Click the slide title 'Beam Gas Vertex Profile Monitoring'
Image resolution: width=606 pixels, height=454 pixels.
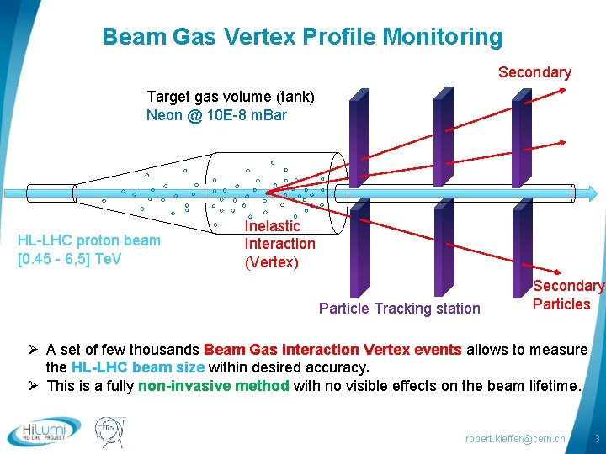click(x=301, y=37)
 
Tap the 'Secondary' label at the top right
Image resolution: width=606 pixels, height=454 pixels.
click(x=534, y=72)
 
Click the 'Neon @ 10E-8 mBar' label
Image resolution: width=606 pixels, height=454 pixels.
click(x=216, y=115)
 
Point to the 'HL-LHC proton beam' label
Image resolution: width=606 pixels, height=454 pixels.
click(x=88, y=240)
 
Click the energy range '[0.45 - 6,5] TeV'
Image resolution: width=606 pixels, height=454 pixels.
click(x=69, y=258)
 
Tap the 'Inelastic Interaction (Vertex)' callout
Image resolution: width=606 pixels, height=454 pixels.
click(x=279, y=244)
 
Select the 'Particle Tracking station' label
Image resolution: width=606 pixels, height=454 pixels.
click(x=399, y=309)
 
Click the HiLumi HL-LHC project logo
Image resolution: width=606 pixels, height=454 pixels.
click(x=44, y=430)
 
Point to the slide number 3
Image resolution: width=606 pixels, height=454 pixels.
click(x=596, y=439)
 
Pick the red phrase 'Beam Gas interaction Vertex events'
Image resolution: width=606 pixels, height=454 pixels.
click(x=332, y=349)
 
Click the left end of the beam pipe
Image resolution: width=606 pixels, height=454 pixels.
click(x=28, y=193)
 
